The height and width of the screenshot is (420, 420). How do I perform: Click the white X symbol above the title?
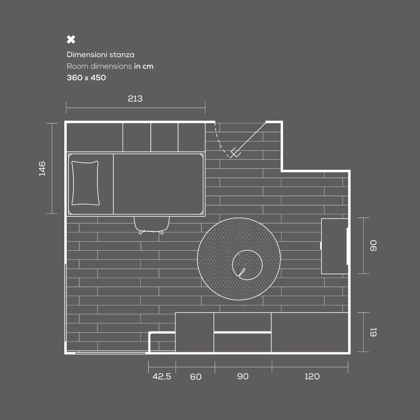point(71,39)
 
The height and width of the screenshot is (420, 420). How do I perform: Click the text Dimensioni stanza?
point(100,55)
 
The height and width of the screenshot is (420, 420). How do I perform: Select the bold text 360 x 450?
point(86,78)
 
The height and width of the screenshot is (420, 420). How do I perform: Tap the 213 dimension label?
point(135,99)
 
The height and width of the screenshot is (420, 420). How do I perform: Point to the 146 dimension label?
point(42,168)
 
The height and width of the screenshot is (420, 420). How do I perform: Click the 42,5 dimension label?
point(162,376)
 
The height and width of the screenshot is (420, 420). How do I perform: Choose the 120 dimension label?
point(312,376)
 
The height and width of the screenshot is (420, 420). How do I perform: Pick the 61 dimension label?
point(373,332)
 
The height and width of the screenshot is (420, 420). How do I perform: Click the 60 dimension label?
point(196,377)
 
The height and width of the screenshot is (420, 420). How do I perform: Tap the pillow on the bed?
point(85,183)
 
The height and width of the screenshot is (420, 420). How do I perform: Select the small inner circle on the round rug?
point(247,265)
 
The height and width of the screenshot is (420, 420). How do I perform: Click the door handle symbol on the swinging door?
point(235,153)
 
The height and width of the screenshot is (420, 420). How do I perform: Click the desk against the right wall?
point(335,246)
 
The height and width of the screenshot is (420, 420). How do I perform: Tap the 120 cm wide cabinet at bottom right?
point(310,332)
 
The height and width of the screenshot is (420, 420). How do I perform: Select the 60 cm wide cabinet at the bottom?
point(194,332)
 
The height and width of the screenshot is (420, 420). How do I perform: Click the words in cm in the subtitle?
point(144,66)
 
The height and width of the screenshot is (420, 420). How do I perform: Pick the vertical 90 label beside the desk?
point(373,246)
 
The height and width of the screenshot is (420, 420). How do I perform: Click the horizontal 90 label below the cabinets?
point(243,376)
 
